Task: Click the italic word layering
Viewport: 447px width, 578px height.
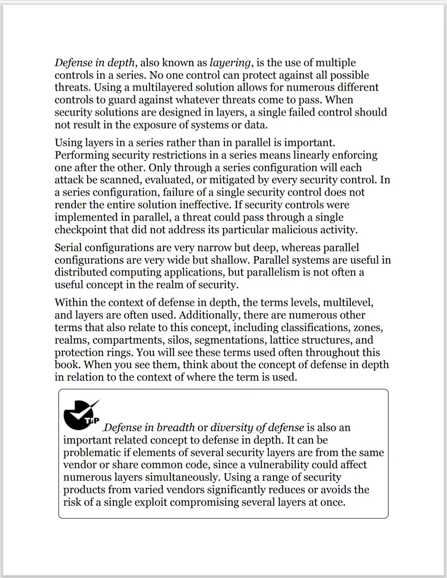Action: click(230, 63)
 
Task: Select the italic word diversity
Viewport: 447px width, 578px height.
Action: click(230, 427)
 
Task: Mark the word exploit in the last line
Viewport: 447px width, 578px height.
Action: click(150, 502)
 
